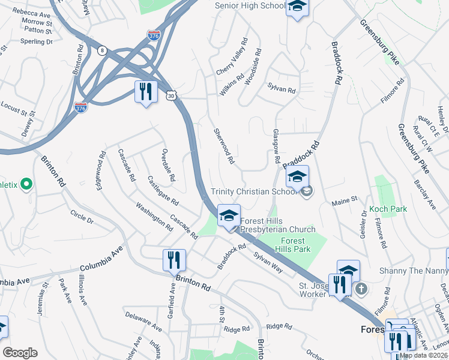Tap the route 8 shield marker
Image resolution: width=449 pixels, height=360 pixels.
point(103,50)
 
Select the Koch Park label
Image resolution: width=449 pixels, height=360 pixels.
point(388,209)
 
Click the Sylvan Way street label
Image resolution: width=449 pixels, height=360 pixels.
point(268,263)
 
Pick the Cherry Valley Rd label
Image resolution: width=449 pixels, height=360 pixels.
point(232,57)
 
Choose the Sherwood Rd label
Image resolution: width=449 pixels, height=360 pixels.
point(223,146)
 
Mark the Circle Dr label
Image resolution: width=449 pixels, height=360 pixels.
point(82,216)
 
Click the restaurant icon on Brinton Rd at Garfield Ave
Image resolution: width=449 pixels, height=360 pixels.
point(174,260)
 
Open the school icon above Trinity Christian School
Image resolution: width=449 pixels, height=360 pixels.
point(297,176)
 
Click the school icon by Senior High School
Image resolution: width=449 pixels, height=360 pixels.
point(297,8)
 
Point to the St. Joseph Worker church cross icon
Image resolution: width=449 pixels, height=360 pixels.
point(360,289)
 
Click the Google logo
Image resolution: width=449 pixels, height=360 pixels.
point(20,353)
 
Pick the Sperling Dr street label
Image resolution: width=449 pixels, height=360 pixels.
point(37,42)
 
